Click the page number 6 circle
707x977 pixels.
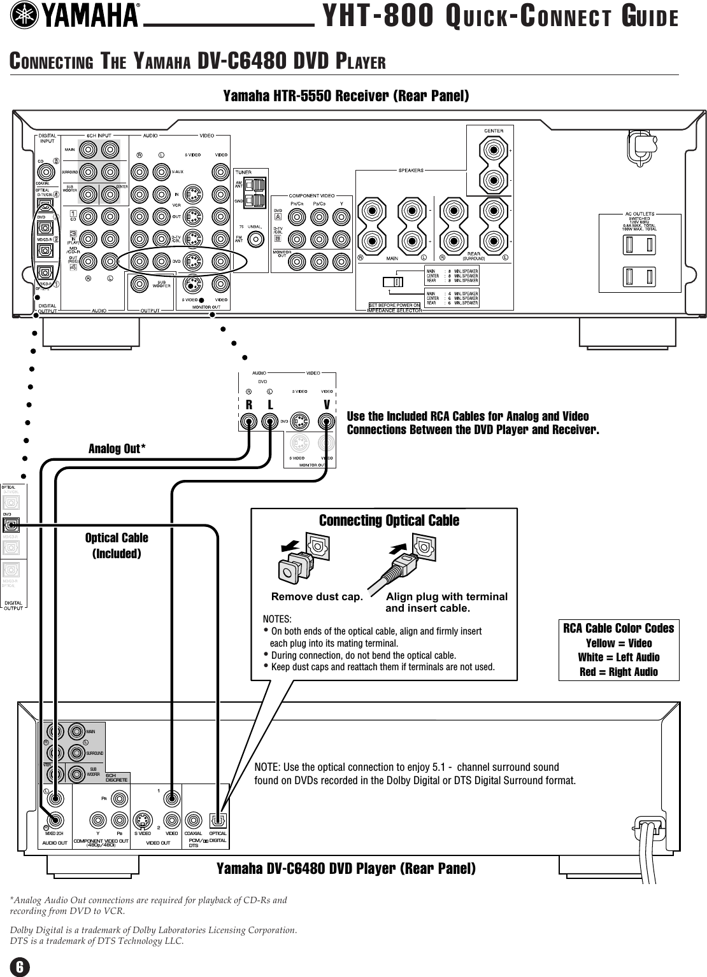coord(20,967)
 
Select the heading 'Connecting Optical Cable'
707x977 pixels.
coord(389,521)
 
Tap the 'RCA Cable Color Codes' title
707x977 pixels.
coord(618,628)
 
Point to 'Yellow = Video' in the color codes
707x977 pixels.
coord(618,643)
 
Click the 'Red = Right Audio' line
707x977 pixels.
coord(618,671)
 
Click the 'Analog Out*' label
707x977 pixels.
coord(117,449)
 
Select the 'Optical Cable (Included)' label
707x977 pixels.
coord(117,545)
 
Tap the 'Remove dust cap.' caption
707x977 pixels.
coord(317,597)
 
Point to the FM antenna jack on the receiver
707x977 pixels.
coord(256,239)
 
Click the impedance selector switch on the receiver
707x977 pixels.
coord(392,281)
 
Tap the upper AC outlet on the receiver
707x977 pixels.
coord(638,244)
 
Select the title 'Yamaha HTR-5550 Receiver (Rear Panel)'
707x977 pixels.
coord(346,96)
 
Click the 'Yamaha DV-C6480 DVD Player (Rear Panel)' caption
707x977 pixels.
coord(346,868)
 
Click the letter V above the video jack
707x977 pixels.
coord(327,405)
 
